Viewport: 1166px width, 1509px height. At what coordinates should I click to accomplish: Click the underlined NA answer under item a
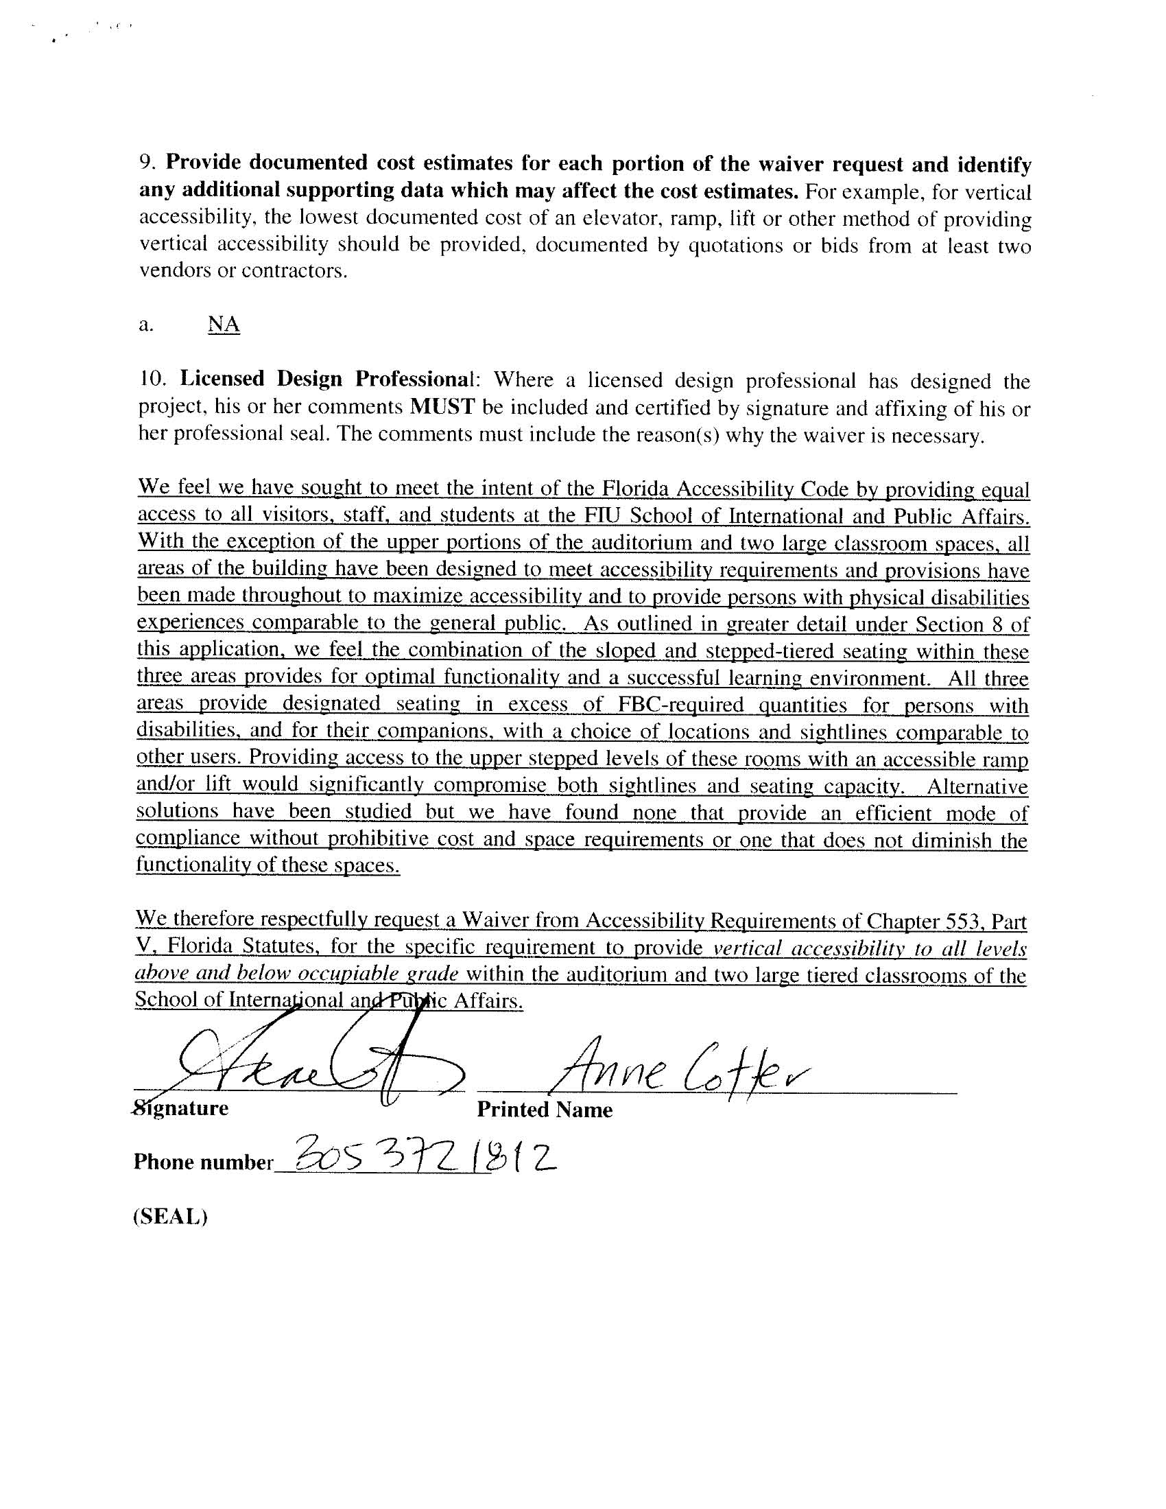pyautogui.click(x=223, y=324)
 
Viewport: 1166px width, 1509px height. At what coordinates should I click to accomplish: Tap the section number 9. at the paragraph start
pyautogui.click(x=149, y=163)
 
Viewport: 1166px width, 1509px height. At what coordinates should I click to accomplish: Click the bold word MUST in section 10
pyautogui.click(x=442, y=407)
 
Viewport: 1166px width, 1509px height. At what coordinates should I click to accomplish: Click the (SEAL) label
pyautogui.click(x=170, y=1216)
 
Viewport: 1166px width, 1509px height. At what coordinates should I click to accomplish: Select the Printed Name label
pyautogui.click(x=545, y=1110)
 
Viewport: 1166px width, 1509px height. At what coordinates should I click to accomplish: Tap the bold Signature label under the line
pyautogui.click(x=181, y=1108)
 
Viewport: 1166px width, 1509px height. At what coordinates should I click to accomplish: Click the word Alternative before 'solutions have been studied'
pyautogui.click(x=977, y=786)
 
